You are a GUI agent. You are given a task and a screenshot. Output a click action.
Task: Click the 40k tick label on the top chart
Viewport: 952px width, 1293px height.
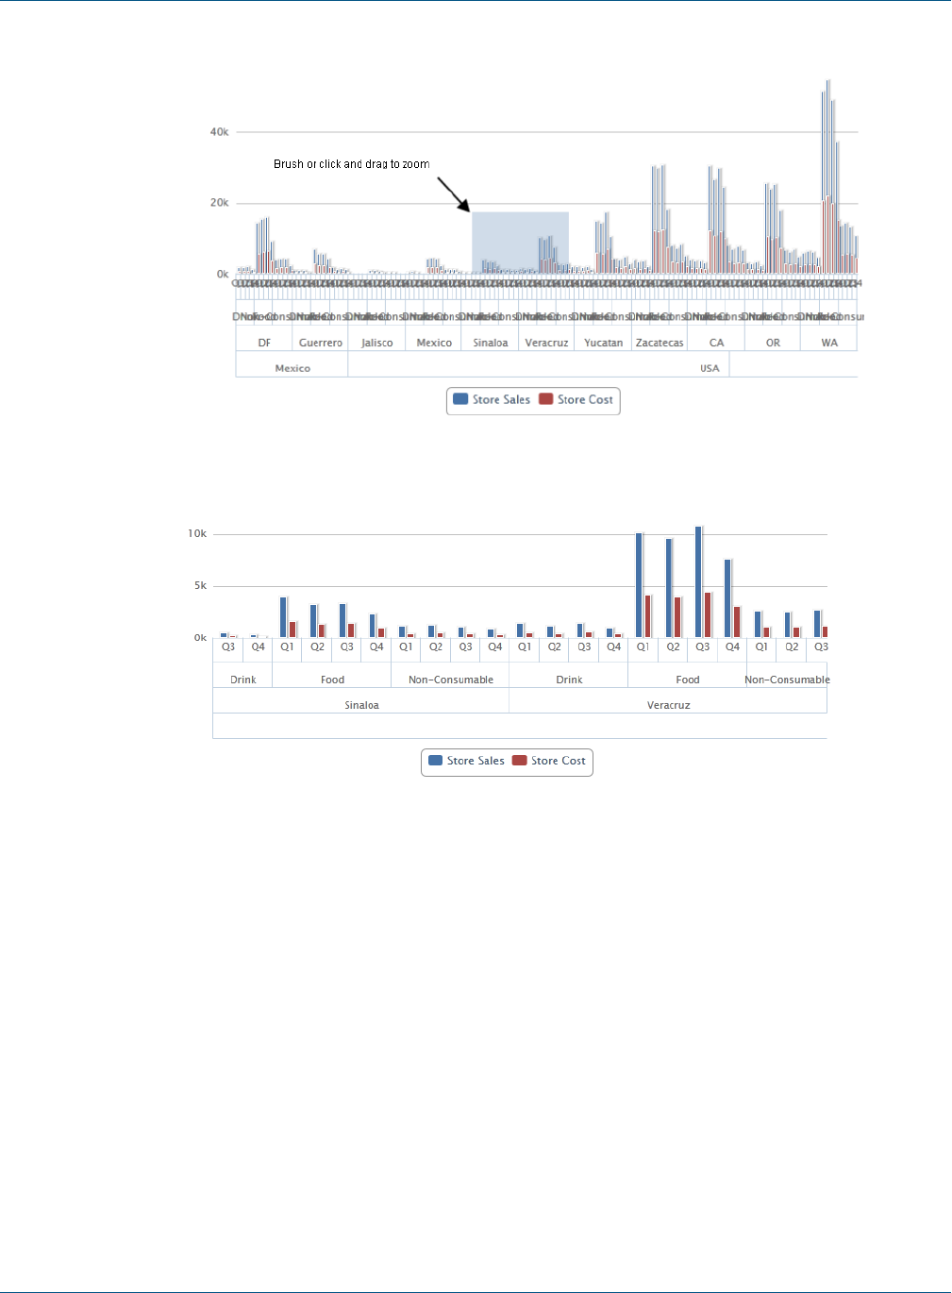219,132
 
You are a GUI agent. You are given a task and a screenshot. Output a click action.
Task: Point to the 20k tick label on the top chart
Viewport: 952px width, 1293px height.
219,203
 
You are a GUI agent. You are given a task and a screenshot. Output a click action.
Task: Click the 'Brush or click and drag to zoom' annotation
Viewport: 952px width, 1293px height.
351,164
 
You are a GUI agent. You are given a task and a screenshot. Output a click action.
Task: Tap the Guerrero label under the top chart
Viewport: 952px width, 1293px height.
321,343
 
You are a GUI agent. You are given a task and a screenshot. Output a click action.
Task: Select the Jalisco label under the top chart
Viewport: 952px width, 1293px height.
377,343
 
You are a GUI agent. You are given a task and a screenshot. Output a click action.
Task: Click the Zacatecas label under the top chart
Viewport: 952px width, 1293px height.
660,343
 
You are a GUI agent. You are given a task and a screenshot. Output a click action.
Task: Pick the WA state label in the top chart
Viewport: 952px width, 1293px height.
829,343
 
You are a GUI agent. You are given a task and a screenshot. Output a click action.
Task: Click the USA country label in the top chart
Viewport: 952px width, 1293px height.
710,368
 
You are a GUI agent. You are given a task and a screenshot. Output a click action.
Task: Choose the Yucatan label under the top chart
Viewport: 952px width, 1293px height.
603,343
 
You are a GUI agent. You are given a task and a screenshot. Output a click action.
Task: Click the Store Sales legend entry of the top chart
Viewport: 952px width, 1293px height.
492,400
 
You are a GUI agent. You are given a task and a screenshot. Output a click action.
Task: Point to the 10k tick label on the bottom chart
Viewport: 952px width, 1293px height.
197,534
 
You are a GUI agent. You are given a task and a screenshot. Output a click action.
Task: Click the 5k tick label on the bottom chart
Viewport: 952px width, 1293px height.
200,586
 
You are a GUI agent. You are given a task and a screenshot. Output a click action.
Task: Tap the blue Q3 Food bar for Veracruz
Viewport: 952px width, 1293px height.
699,582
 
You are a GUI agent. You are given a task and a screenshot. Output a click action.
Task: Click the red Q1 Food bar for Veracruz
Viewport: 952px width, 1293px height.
648,616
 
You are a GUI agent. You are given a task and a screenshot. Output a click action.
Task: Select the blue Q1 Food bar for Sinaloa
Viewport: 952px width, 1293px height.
283,617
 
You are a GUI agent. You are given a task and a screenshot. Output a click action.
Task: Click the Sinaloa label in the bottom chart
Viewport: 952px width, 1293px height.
361,705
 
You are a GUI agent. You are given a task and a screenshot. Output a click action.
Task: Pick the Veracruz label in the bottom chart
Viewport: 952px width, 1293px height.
668,705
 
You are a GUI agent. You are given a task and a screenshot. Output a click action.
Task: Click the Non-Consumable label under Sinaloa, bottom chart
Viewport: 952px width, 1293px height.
451,680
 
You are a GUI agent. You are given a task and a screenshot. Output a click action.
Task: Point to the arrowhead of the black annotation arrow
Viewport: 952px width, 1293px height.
468,210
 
